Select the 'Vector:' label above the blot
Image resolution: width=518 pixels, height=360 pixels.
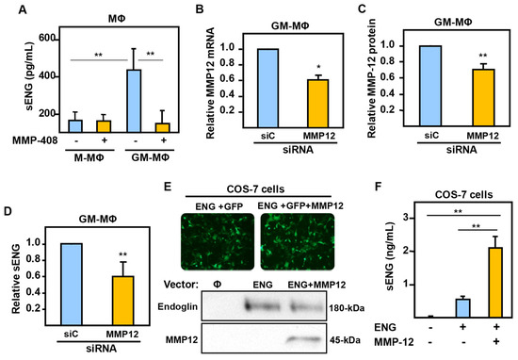click(184, 281)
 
